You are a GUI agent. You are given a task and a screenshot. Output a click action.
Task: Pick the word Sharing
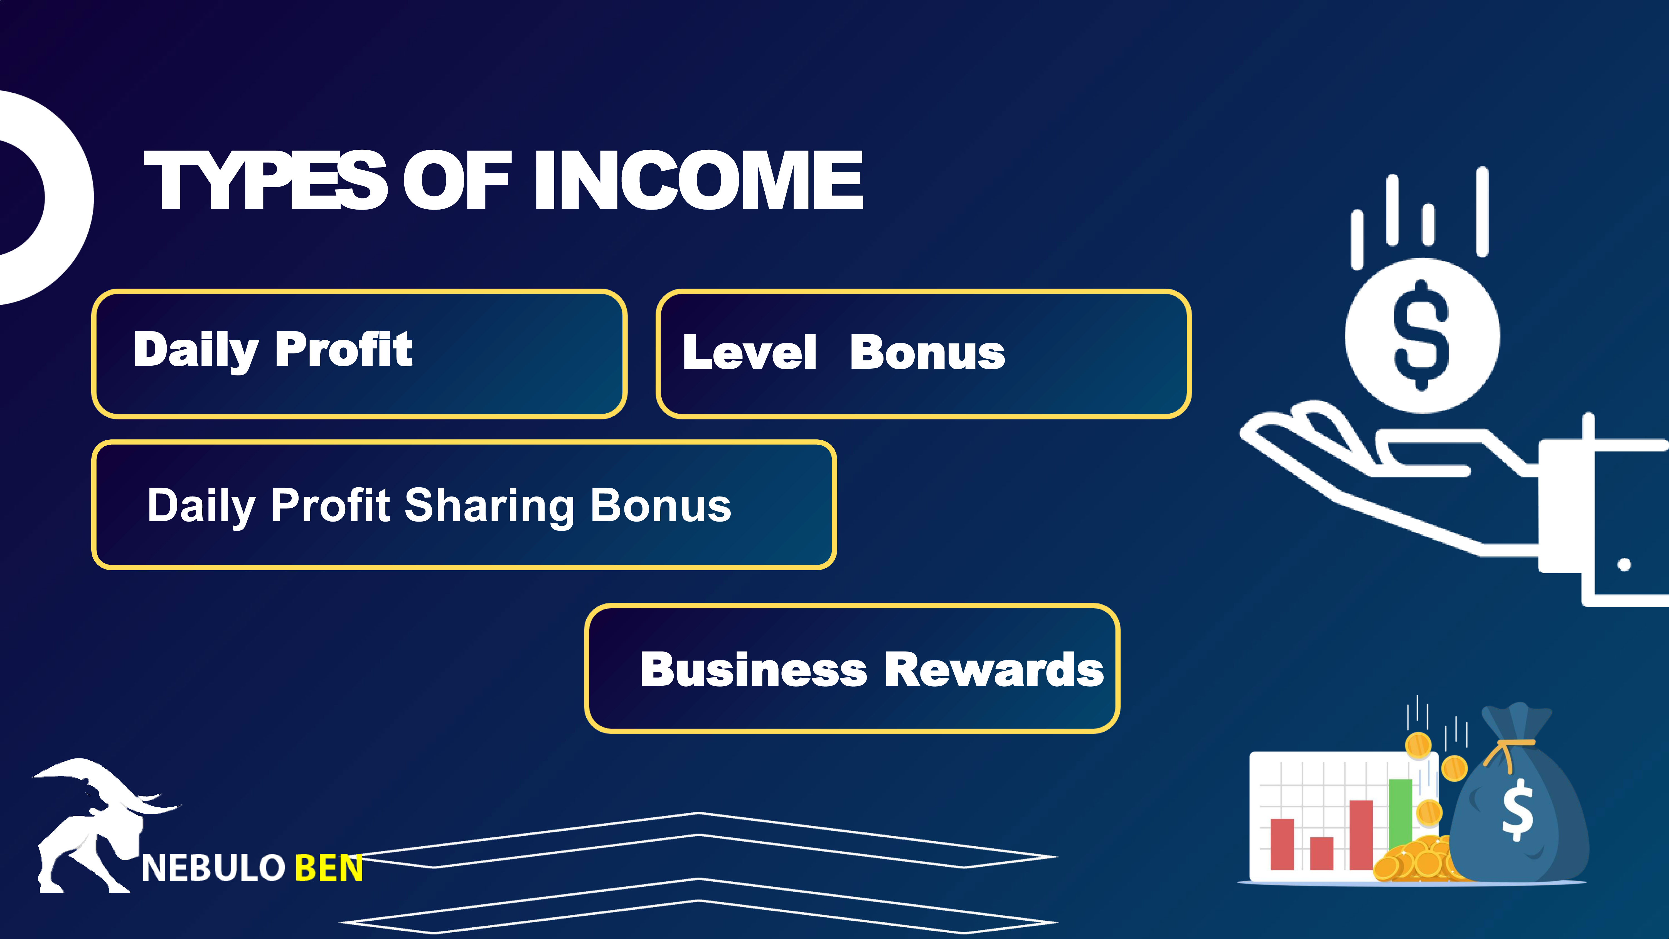(489, 507)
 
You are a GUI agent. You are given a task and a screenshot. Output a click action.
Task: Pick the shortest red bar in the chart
(1322, 854)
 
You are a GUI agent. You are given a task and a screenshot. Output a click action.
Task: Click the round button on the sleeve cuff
(1624, 564)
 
